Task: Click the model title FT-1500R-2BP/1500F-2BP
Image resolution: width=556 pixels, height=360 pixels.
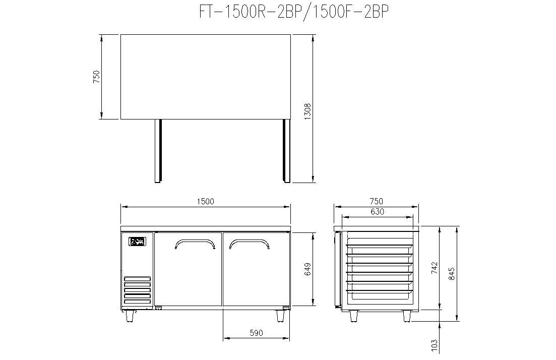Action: click(294, 12)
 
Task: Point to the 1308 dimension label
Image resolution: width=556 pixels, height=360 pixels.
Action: click(307, 111)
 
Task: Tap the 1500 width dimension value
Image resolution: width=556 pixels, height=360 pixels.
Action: click(205, 202)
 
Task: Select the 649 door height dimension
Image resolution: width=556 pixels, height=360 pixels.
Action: click(307, 269)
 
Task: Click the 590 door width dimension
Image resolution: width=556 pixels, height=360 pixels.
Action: click(257, 333)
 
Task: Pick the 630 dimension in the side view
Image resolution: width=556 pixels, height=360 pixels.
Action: click(377, 212)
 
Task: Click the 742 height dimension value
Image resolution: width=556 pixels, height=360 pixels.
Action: click(435, 268)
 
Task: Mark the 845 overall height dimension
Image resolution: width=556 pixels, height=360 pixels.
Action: click(451, 274)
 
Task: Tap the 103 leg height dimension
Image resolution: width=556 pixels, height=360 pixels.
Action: click(435, 346)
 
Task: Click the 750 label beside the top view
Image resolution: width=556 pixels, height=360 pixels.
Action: click(96, 77)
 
